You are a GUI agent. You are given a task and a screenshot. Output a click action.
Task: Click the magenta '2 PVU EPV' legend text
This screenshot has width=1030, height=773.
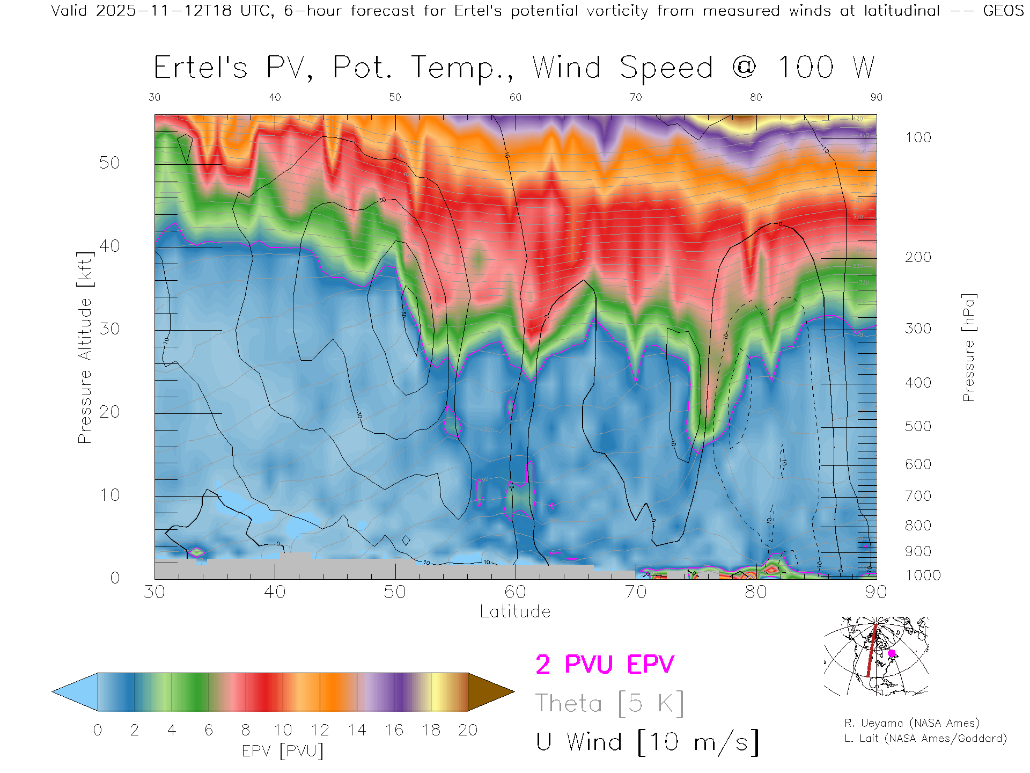point(605,665)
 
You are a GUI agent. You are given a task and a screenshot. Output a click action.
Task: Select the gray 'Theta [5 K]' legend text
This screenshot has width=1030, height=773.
point(609,703)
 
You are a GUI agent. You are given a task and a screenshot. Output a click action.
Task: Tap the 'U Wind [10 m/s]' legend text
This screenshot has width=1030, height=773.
point(647,742)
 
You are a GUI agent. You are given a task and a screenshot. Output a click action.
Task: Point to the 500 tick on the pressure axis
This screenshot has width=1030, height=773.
point(918,426)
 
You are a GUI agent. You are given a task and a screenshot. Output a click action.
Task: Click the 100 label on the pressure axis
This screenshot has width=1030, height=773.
point(918,137)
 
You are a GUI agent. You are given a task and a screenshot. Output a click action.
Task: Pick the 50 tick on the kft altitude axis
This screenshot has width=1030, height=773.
point(109,163)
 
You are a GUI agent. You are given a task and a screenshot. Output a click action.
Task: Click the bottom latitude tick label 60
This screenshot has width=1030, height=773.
point(515,592)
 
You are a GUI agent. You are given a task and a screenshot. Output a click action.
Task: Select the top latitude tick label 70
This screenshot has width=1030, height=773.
point(635,97)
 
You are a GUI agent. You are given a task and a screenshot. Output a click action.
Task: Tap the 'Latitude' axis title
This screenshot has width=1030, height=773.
point(515,612)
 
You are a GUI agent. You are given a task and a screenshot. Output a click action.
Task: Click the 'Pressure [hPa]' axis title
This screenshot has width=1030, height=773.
point(968,347)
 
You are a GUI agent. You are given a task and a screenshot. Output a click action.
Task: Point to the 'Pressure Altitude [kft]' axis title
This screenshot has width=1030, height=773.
point(85,347)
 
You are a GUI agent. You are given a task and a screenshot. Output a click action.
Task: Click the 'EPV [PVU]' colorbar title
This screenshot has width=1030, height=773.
point(283,751)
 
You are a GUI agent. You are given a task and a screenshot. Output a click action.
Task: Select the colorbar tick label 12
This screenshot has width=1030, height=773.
point(320,730)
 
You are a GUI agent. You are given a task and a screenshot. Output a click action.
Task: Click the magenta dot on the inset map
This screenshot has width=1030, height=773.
point(892,653)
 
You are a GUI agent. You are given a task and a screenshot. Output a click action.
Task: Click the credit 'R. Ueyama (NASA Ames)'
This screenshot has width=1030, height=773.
point(911,723)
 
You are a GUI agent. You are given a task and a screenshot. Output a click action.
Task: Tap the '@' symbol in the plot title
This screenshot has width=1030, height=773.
point(744,68)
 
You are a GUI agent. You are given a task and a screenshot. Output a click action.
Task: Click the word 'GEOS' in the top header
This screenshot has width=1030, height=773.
point(1003,11)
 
